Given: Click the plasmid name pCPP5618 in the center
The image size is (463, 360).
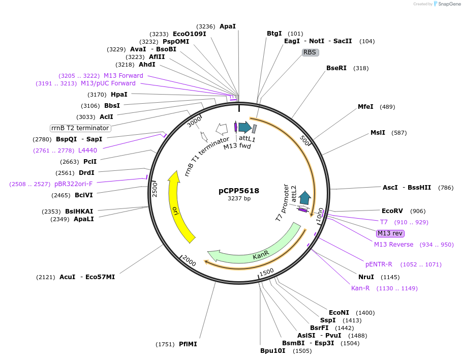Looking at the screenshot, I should click(x=239, y=191).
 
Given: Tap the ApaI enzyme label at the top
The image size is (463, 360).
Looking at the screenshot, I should click(x=227, y=26).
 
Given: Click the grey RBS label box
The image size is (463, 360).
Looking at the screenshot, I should click(x=310, y=52).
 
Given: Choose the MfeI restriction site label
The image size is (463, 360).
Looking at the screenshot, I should click(x=365, y=107).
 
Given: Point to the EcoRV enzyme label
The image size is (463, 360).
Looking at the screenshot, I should click(x=393, y=211).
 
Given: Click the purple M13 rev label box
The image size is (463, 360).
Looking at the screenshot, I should click(x=390, y=233).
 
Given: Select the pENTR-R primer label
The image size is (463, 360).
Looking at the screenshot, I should click(x=379, y=264).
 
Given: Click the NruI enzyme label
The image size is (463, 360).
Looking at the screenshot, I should click(x=366, y=277).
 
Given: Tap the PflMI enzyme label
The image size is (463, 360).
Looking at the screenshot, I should click(x=188, y=344).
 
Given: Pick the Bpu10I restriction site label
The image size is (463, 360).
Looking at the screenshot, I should click(x=273, y=351).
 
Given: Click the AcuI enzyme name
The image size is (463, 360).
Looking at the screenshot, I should click(x=67, y=277).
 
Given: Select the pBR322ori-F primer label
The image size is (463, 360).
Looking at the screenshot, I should click(x=73, y=184).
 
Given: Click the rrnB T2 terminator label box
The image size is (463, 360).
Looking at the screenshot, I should click(x=80, y=128).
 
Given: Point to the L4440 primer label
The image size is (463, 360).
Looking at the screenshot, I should click(x=87, y=151).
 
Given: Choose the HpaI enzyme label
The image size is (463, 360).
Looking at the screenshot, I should click(x=119, y=95).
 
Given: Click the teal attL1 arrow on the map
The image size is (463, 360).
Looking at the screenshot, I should click(x=244, y=127).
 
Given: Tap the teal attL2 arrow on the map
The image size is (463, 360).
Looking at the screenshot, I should click(x=305, y=197).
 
